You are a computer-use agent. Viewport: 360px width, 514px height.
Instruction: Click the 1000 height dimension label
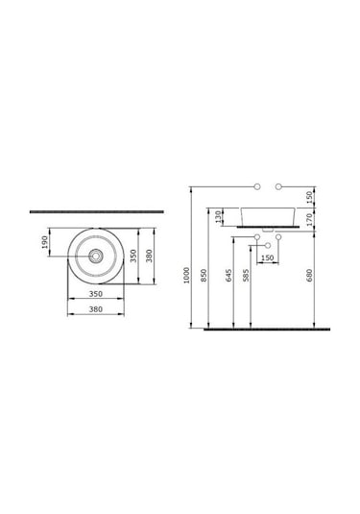186,275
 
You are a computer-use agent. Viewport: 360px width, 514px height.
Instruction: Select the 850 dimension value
204,276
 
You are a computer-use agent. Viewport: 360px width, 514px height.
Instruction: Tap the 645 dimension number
228,275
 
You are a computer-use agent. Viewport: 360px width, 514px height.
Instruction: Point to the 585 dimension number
246,275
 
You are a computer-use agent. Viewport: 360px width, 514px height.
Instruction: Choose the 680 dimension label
309,275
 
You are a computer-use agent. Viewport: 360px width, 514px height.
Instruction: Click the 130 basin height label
219,217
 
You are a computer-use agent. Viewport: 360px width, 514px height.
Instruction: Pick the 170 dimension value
309,219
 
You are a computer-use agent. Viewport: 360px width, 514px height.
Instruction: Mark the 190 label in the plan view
45,242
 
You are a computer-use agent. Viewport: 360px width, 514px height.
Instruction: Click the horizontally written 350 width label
96,294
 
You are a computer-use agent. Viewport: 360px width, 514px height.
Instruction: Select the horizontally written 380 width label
96,309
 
